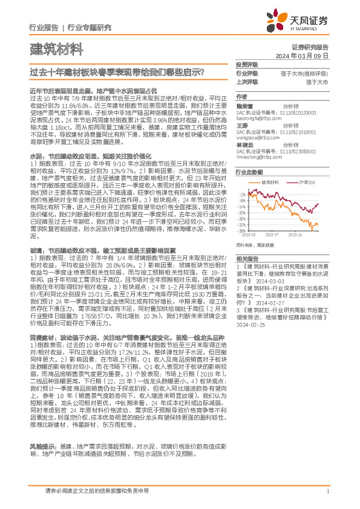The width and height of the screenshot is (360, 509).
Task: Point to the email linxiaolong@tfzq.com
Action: pyautogui.click(x=258, y=156)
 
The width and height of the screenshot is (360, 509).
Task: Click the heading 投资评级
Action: pyautogui.click(x=246, y=64)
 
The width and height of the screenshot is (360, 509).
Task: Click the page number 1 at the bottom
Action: pyautogui.click(x=327, y=492)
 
